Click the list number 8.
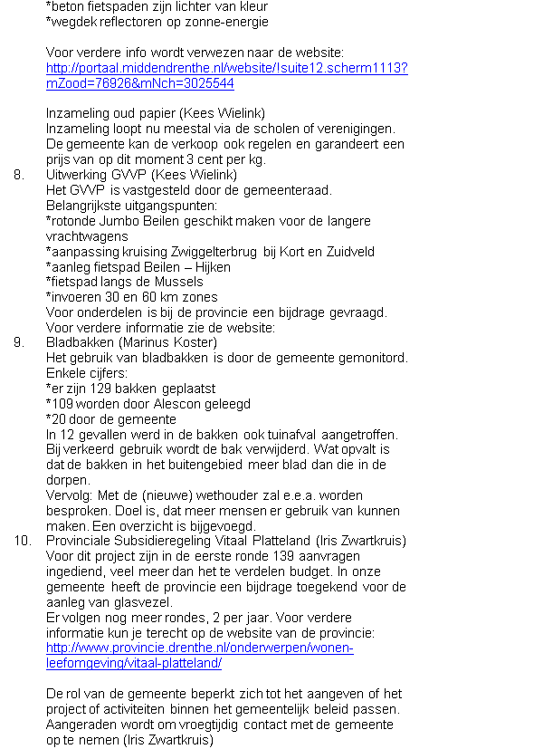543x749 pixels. click(19, 175)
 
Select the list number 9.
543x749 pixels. click(19, 342)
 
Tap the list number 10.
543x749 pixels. click(22, 541)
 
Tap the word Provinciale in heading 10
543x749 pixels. click(82, 541)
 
